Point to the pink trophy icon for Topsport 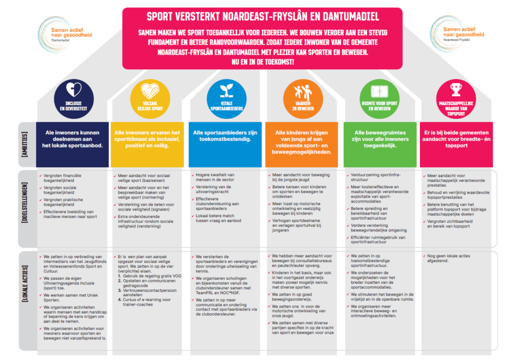click(456, 90)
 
